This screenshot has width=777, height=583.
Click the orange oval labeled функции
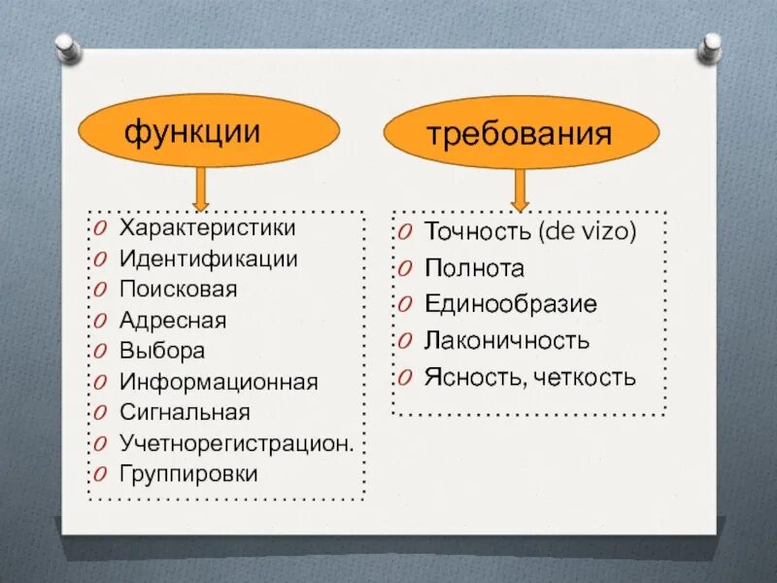point(209,132)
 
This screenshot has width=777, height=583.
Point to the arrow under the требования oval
point(520,189)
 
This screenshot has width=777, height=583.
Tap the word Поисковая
point(178,290)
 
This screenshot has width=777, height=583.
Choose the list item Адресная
point(173,321)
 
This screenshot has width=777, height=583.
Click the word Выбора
point(162,351)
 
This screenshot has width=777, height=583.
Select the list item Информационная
point(219,382)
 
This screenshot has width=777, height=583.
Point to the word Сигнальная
point(185,412)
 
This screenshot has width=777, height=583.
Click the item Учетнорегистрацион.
point(236,443)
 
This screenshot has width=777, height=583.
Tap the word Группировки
point(188,474)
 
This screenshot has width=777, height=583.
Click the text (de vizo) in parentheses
point(586,233)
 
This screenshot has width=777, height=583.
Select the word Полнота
point(474,269)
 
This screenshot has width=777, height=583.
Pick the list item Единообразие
point(511,305)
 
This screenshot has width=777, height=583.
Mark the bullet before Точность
point(406,233)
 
